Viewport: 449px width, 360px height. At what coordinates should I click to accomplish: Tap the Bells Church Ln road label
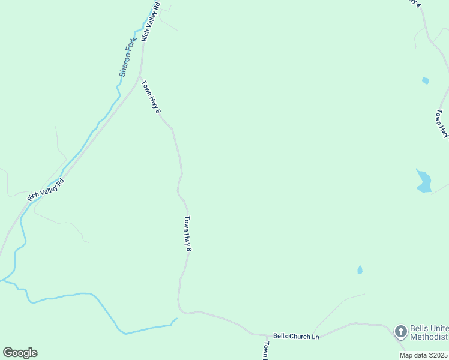click(296, 337)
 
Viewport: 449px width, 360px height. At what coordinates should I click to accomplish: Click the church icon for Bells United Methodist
click(400, 331)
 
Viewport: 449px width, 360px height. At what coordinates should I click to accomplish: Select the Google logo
click(20, 353)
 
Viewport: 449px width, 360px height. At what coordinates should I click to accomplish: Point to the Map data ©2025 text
click(423, 355)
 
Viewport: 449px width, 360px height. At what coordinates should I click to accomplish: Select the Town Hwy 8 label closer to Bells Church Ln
click(188, 233)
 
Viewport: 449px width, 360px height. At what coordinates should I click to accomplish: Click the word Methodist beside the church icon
click(429, 337)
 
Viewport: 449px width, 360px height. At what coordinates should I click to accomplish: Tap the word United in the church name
click(438, 329)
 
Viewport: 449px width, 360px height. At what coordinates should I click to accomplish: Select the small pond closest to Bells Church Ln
click(360, 270)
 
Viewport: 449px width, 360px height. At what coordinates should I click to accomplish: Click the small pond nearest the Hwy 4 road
click(426, 80)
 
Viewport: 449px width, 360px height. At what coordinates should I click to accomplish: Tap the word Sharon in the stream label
click(125, 65)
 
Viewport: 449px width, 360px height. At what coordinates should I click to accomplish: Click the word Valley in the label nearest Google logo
click(48, 188)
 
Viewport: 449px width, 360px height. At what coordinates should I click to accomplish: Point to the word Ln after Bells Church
click(315, 337)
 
